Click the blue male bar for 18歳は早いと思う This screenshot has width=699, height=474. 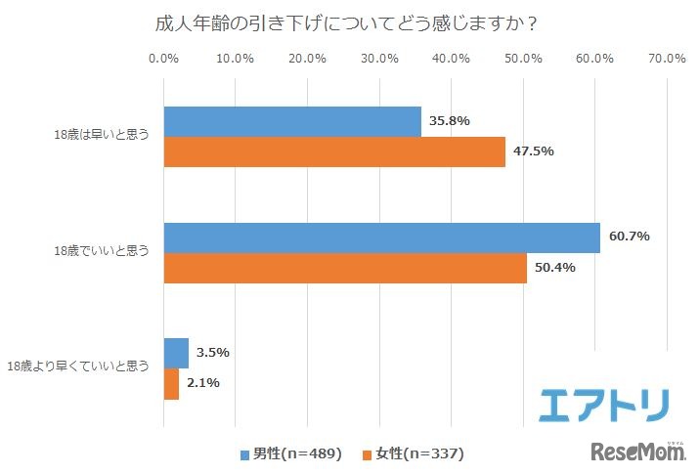coord(292,121)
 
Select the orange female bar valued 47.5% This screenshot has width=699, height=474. coord(334,151)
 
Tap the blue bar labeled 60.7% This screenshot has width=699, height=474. coord(381,237)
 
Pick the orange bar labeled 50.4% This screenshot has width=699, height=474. coord(345,268)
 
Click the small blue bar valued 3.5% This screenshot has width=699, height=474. coord(176,353)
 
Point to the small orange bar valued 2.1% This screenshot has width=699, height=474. coord(171,383)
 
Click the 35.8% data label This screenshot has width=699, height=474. coord(449,121)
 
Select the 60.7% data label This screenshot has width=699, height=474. coord(629,237)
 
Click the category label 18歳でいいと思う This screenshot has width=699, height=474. coord(103,251)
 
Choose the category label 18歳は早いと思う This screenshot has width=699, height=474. coord(103,136)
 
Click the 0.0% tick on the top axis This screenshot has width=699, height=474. coord(163,59)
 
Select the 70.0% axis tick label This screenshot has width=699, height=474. coord(667,59)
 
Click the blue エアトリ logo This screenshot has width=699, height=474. coord(604,403)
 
